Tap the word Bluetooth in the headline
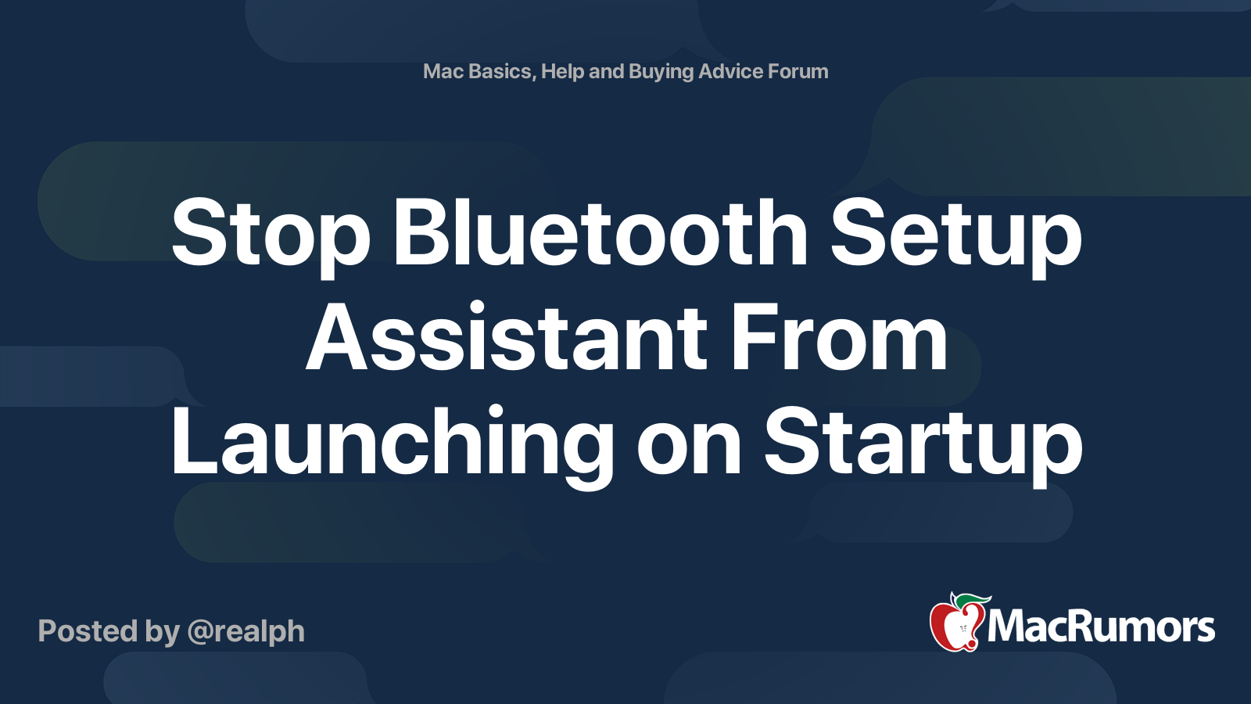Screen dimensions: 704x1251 (x=600, y=232)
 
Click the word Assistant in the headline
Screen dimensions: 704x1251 (x=507, y=339)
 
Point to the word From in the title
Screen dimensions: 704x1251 (x=838, y=339)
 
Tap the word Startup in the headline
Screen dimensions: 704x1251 (x=923, y=444)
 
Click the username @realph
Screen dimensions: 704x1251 (x=246, y=632)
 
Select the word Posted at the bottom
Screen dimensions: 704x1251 (x=87, y=631)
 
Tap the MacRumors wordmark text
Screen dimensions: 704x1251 (x=1101, y=627)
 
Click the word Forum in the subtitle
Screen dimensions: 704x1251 (x=798, y=71)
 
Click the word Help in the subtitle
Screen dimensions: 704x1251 (x=562, y=71)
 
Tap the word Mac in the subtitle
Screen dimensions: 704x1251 (x=443, y=71)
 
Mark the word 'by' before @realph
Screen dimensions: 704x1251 (x=162, y=632)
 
